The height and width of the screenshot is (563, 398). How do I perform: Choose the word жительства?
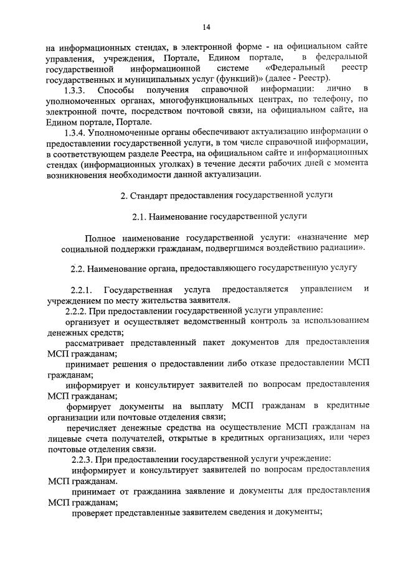click(x=159, y=300)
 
